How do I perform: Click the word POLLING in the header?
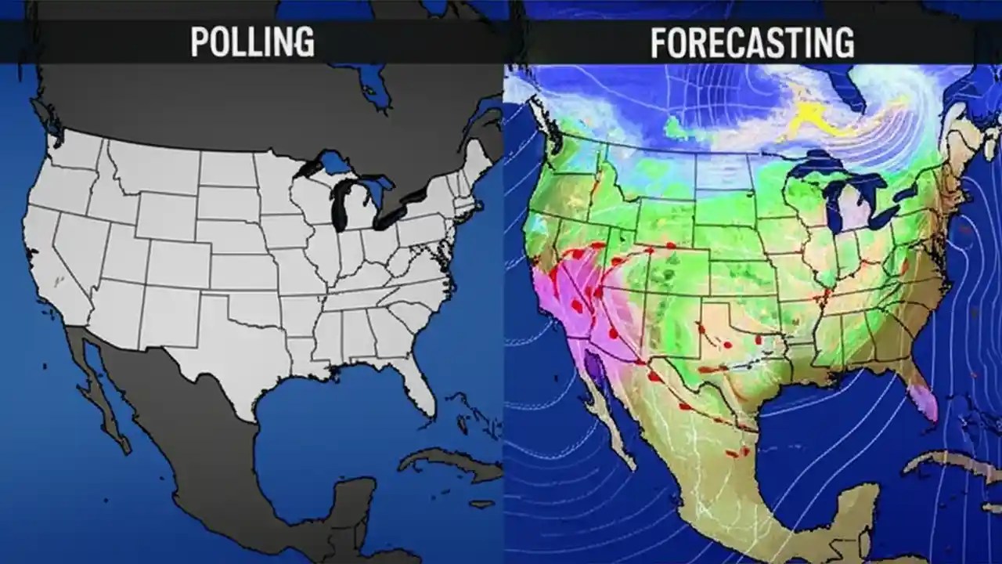tap(252, 42)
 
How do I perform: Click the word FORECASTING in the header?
tap(751, 42)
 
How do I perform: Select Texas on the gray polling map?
tap(235, 345)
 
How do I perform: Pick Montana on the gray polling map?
tap(153, 168)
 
